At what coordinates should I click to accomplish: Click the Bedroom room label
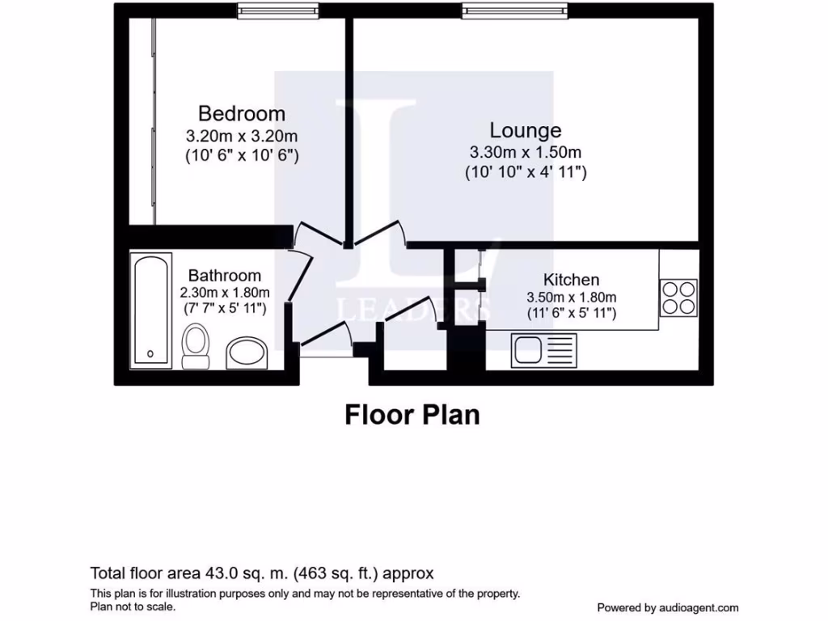coord(242,113)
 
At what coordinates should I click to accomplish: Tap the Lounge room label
coord(526,130)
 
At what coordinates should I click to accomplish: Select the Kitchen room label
coord(571,280)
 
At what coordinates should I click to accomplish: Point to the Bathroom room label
coord(224,276)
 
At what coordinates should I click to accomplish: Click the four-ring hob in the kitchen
coord(678,297)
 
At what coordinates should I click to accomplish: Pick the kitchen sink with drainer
coord(543,350)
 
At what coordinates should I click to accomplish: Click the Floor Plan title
coord(412,415)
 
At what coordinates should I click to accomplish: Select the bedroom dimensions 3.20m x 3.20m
coord(242,135)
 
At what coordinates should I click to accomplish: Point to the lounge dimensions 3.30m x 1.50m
coord(526,152)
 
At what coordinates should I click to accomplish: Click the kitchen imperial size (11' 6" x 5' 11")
coord(571,313)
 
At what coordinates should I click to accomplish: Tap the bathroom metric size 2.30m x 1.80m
coord(224,293)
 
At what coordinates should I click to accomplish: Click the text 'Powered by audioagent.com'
coord(667,607)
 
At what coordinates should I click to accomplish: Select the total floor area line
coord(262,573)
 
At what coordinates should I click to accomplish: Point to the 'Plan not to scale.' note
coord(133,606)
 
